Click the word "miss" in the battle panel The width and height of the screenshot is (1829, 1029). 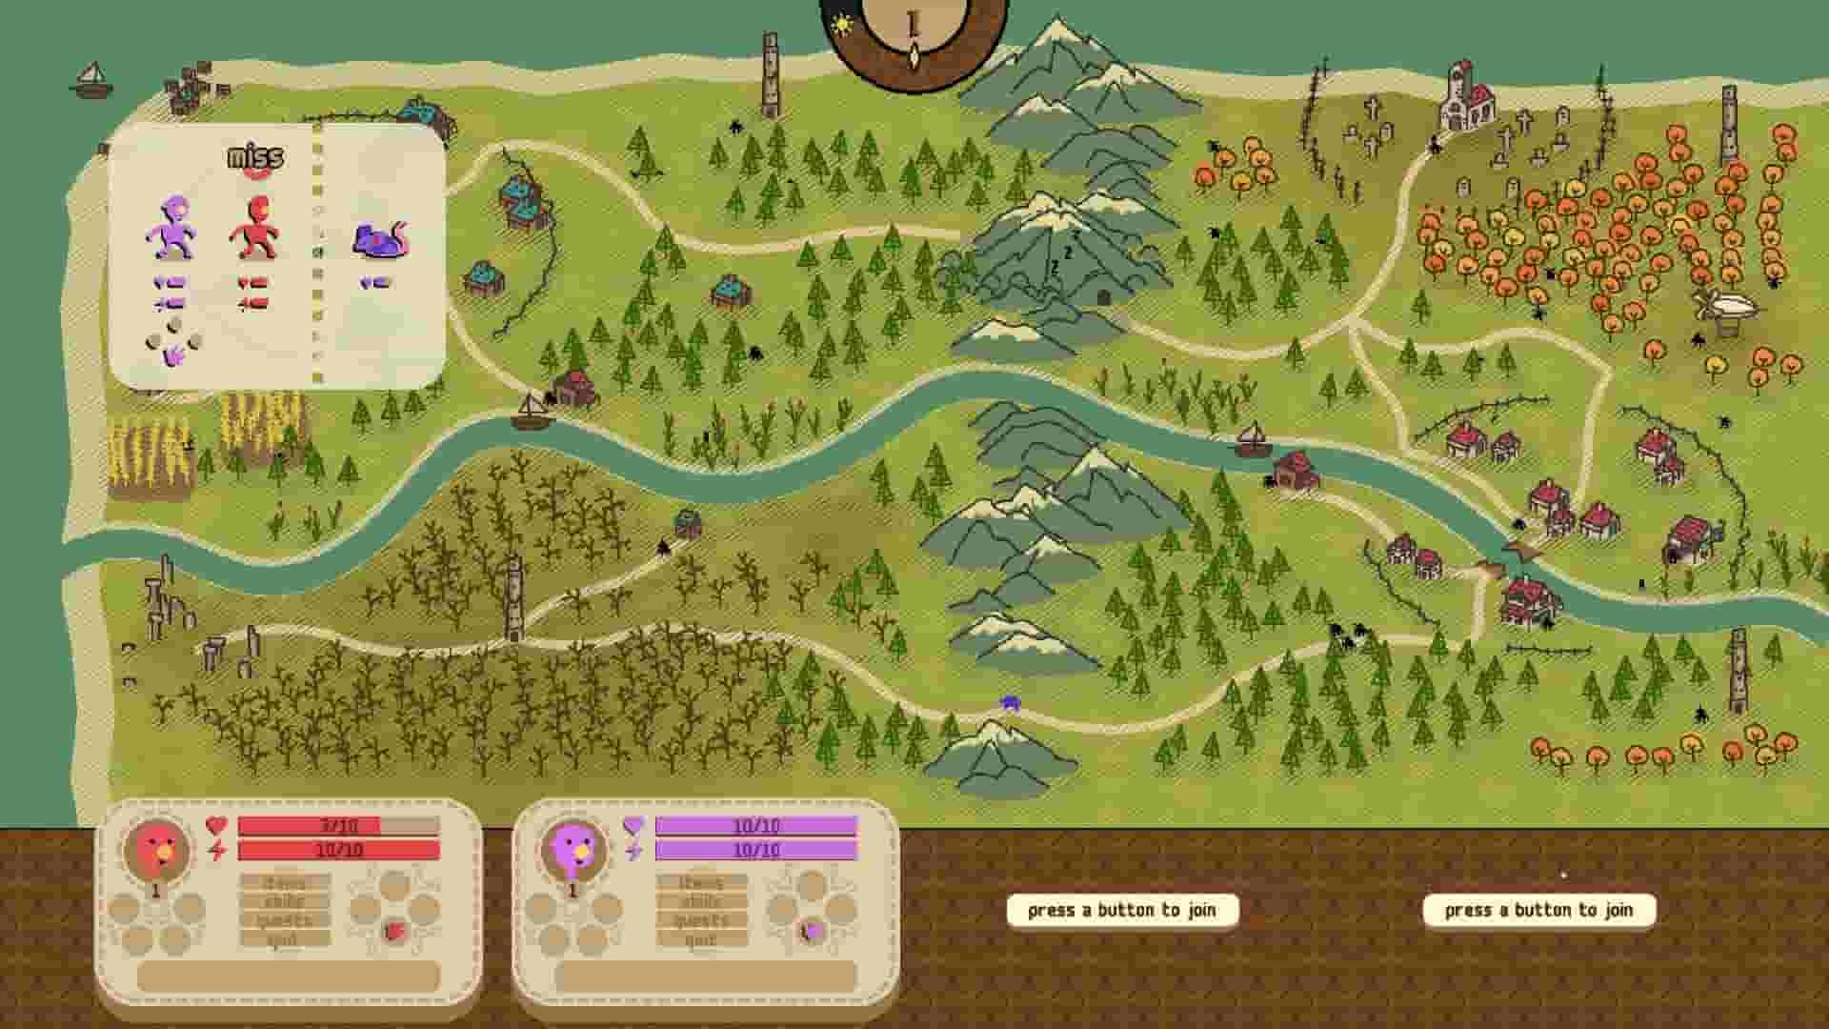[254, 158]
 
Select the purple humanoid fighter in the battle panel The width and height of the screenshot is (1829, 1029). [172, 229]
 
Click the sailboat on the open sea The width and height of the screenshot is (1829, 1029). [91, 80]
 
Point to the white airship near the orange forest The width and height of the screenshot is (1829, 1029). [1726, 308]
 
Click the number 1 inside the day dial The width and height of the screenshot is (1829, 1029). [914, 24]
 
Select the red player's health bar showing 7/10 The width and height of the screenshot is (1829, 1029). [338, 826]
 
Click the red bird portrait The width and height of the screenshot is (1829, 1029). [156, 849]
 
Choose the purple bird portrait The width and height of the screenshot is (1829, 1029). [573, 849]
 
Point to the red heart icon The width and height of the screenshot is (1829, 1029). [217, 826]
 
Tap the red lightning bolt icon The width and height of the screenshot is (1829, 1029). [217, 850]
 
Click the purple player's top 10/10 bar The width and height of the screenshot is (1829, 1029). [755, 826]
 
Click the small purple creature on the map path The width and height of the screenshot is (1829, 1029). [1011, 703]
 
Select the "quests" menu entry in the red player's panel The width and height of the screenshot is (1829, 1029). [285, 920]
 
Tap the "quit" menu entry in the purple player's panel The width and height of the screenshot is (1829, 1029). [701, 940]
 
